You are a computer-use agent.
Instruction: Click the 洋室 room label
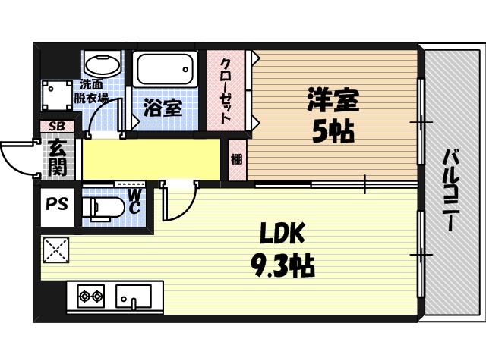(x=333, y=101)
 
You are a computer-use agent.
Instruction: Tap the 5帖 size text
(x=333, y=133)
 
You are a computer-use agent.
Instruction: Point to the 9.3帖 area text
(x=282, y=265)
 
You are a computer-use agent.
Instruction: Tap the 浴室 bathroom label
(x=163, y=108)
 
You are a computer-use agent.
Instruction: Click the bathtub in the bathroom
(x=166, y=70)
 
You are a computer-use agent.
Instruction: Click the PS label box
(x=56, y=205)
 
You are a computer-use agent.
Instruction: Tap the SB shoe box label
(x=57, y=127)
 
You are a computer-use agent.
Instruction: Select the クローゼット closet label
(x=226, y=91)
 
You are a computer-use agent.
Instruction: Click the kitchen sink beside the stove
(x=134, y=296)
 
